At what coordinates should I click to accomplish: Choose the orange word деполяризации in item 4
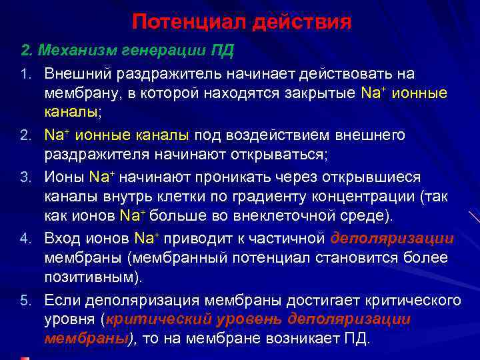click(x=392, y=239)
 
